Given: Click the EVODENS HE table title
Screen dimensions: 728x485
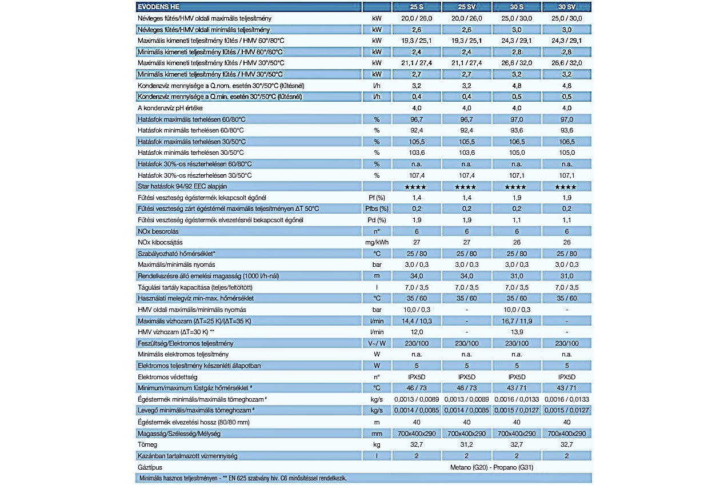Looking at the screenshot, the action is (158, 7).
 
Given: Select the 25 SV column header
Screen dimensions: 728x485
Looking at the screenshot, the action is (467, 7).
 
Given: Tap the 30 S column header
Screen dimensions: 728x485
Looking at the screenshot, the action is (517, 7).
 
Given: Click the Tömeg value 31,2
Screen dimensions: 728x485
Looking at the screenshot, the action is (467, 444).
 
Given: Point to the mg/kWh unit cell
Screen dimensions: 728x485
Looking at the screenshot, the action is (377, 242).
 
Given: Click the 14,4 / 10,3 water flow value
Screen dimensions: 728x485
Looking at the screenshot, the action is (417, 321).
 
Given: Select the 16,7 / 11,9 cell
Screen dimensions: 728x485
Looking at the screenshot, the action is (517, 321).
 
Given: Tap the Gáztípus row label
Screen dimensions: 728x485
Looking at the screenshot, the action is (150, 467).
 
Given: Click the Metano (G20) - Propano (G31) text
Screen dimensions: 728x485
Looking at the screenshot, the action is (492, 467).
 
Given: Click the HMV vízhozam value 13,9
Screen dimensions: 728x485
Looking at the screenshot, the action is (517, 332).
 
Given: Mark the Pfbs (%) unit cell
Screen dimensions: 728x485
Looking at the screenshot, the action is (377, 209).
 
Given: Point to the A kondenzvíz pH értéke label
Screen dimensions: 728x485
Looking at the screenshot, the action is (170, 108).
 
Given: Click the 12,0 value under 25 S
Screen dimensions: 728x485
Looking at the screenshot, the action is (417, 332).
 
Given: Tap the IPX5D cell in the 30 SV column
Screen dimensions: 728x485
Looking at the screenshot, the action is (567, 377).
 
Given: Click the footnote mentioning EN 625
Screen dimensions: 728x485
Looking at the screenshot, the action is (243, 479).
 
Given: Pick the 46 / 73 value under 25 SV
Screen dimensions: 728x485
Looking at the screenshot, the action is (467, 388).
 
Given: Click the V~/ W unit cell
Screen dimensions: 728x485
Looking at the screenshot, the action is (377, 343).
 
